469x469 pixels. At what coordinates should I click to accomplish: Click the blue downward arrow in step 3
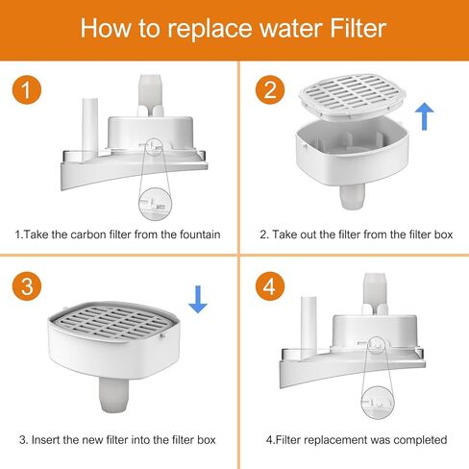coord(197,301)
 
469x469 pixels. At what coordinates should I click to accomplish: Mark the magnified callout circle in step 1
coord(153,200)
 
